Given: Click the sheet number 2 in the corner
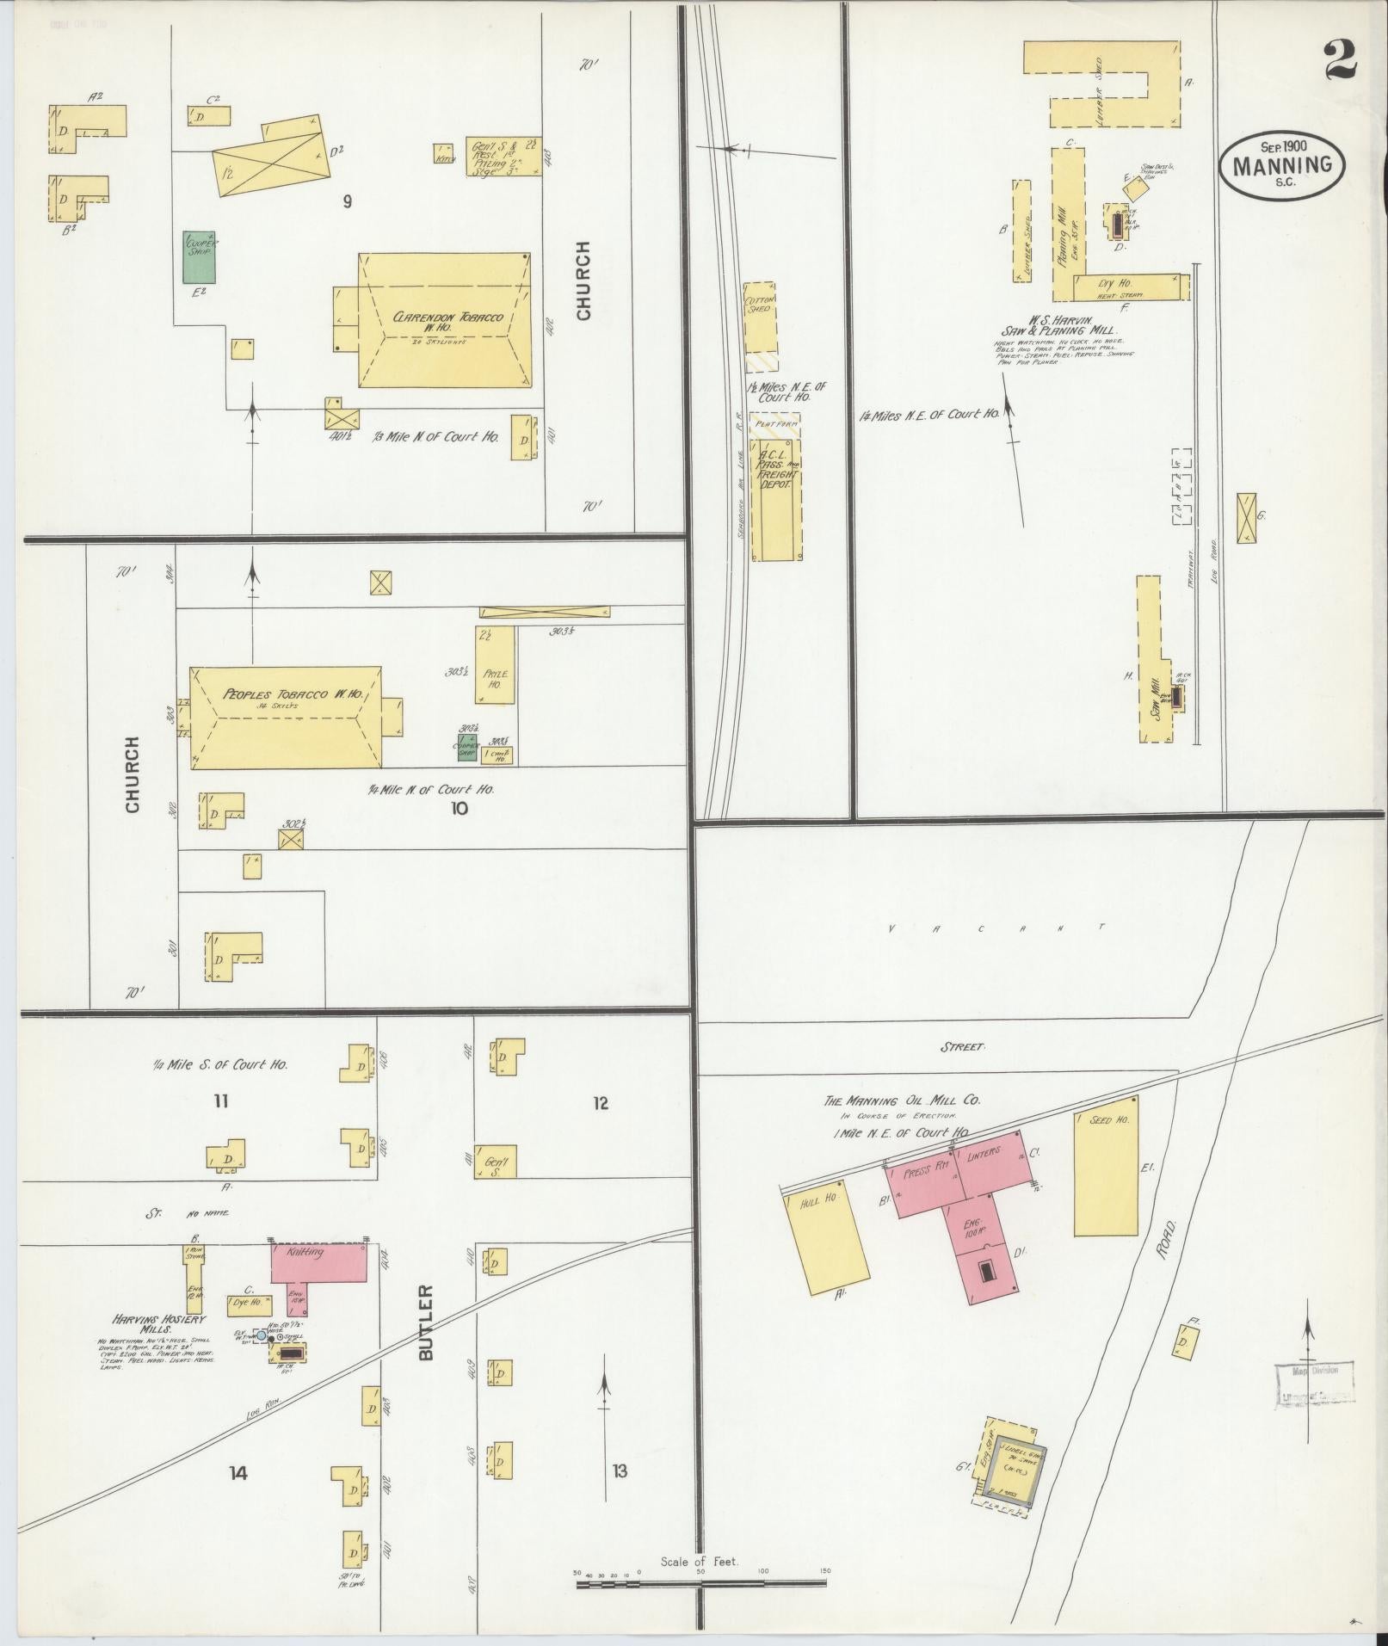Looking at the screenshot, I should click(x=1340, y=60).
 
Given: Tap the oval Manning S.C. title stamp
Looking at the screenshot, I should click(x=1281, y=165).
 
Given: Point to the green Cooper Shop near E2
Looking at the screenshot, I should click(x=200, y=256).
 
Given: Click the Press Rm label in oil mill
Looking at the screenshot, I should click(x=926, y=1168).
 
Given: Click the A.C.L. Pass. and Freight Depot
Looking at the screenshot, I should click(x=776, y=499).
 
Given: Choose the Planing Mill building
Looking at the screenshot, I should click(x=1068, y=224).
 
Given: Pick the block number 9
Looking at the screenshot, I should click(x=347, y=202).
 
